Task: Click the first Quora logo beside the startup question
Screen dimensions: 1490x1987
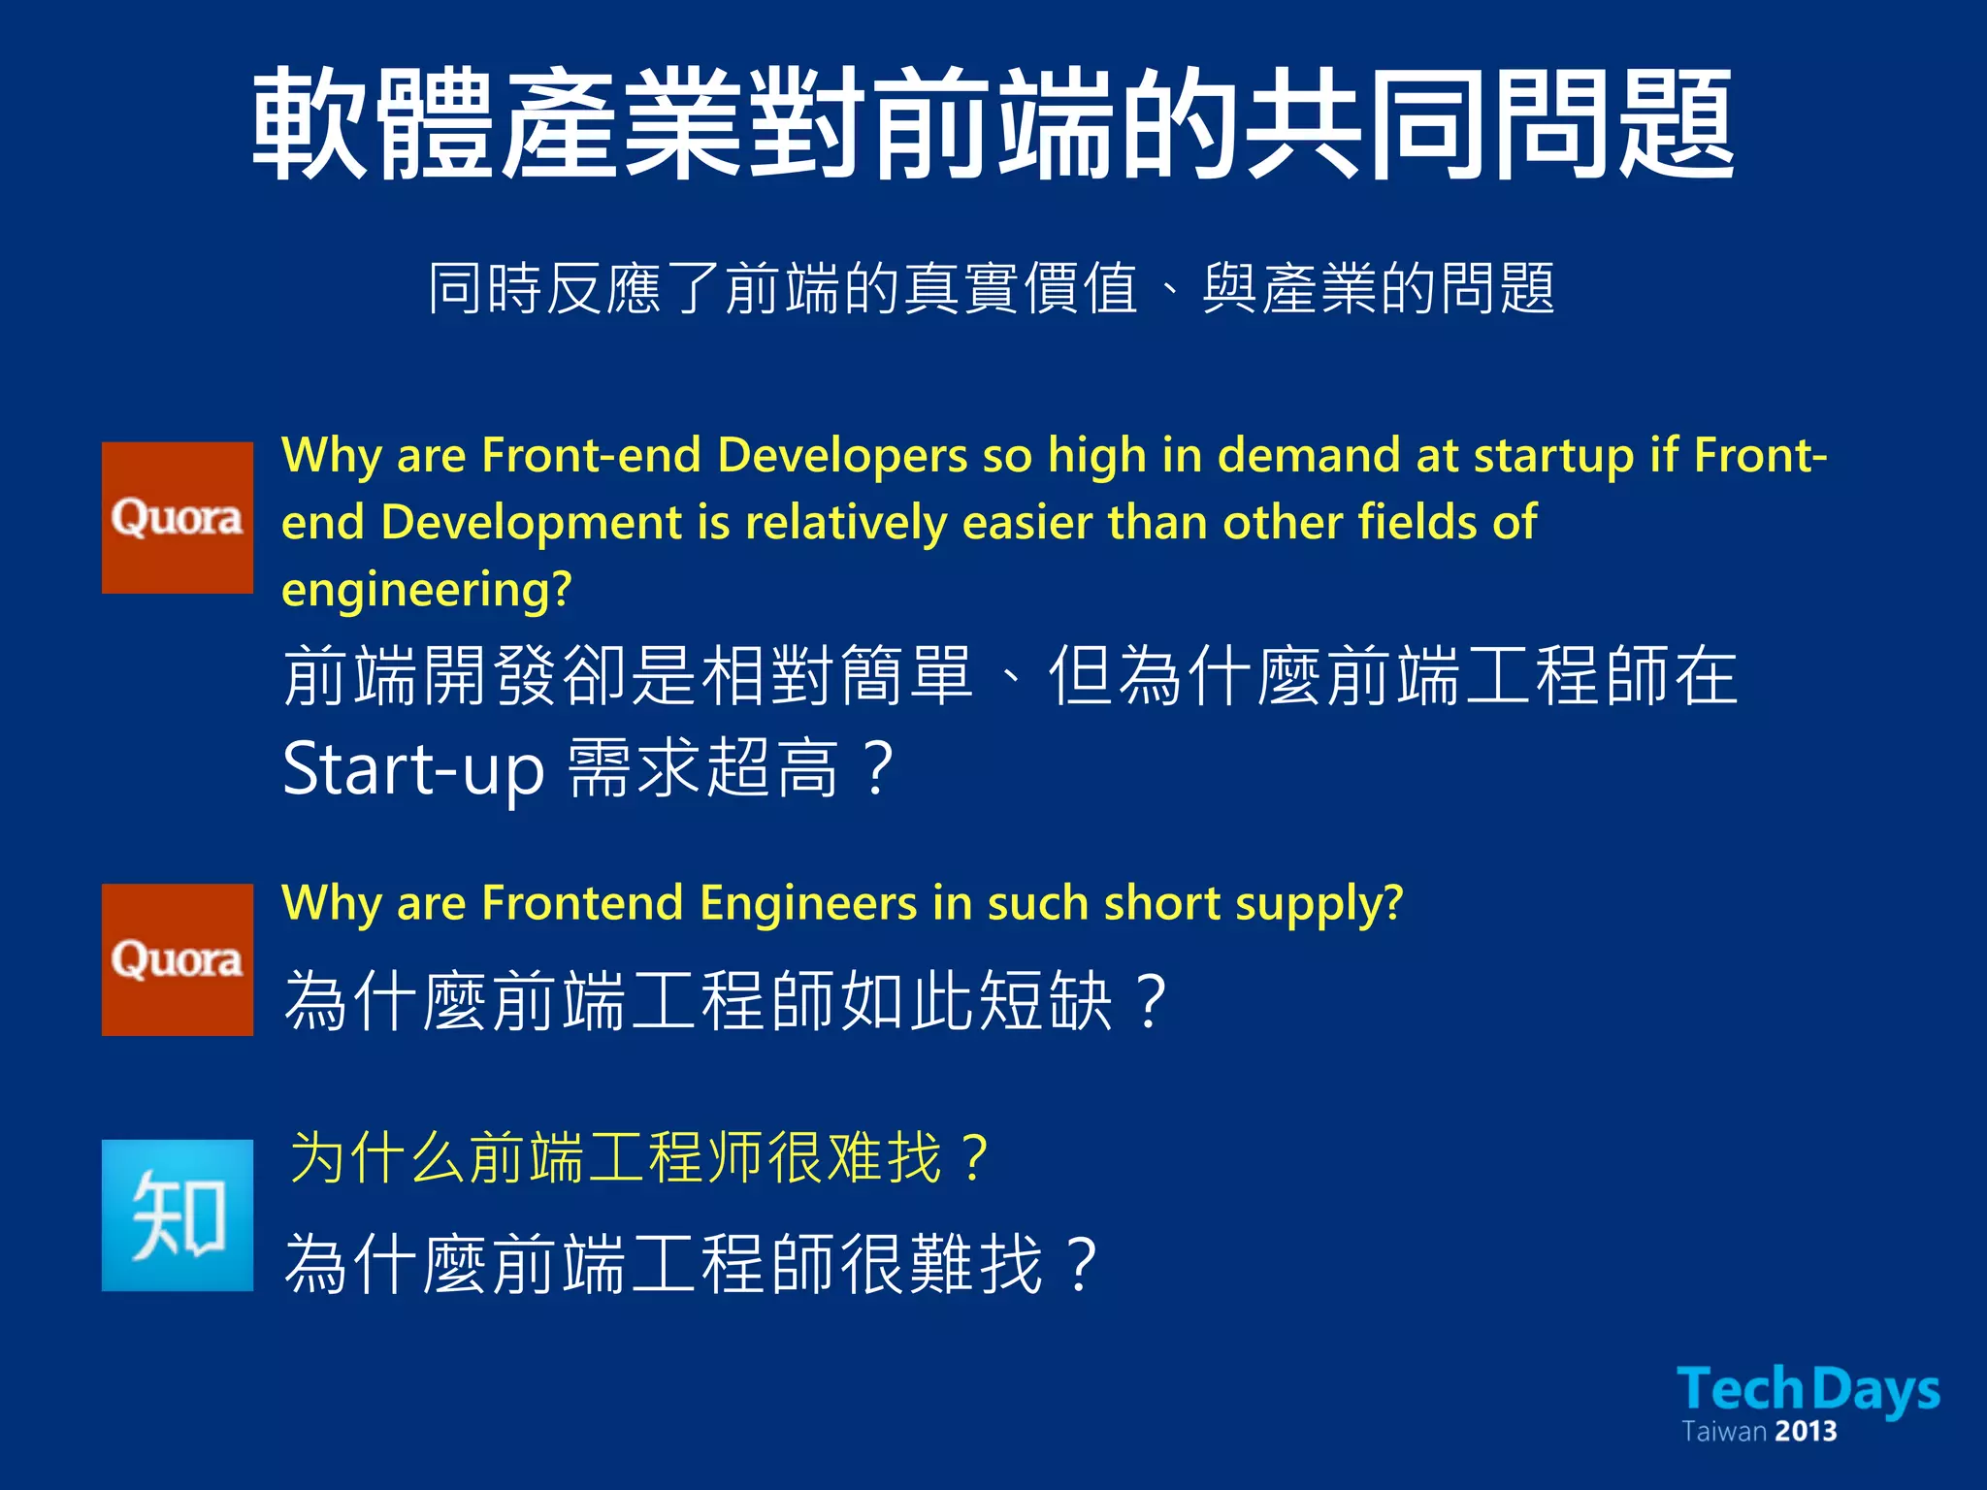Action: pyautogui.click(x=178, y=517)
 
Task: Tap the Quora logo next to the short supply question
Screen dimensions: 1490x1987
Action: pyautogui.click(x=178, y=959)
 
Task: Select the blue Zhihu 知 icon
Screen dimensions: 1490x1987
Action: pyautogui.click(x=178, y=1215)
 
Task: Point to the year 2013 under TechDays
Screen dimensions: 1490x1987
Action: pyautogui.click(x=1807, y=1432)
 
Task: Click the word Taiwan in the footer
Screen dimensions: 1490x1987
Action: pyautogui.click(x=1723, y=1432)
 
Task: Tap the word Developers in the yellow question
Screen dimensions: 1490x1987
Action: pyautogui.click(x=842, y=456)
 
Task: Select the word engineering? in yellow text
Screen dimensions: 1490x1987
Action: pyautogui.click(x=427, y=589)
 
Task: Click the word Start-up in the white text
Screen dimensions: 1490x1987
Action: pyautogui.click(x=413, y=769)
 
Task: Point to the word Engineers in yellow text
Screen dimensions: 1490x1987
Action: pyautogui.click(x=808, y=903)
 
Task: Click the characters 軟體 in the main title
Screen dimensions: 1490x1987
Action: pyautogui.click(x=374, y=124)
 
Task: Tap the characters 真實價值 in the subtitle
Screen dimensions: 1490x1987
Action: pyautogui.click(x=1021, y=288)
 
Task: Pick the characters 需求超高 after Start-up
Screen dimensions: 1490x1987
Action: pyautogui.click(x=702, y=769)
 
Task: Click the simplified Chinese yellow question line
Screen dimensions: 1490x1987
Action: pyautogui.click(x=640, y=1157)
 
